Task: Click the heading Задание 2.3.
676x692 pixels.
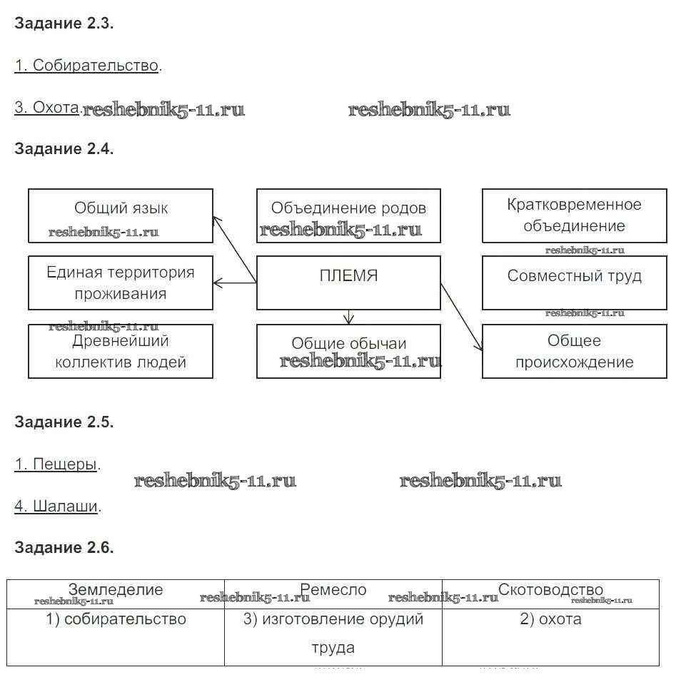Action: [x=64, y=23]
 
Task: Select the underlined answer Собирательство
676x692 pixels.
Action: [x=86, y=66]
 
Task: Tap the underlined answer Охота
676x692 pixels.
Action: [x=46, y=108]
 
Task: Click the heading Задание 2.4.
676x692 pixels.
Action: [x=64, y=149]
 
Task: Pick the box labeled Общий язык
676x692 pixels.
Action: [x=121, y=215]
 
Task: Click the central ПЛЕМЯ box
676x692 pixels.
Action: [x=348, y=283]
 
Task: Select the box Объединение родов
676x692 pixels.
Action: [x=348, y=215]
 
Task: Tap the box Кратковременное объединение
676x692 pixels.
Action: [x=574, y=215]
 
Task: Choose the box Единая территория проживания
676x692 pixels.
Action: [x=121, y=283]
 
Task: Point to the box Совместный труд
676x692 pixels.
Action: [x=574, y=283]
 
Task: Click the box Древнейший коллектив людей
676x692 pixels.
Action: [x=121, y=351]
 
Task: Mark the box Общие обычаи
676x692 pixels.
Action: [x=348, y=351]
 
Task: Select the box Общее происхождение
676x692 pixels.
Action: [x=574, y=351]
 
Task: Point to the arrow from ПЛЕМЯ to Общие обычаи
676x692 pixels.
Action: [x=348, y=317]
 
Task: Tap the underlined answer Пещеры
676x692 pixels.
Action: [x=56, y=464]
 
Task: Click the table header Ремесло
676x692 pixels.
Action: [x=333, y=590]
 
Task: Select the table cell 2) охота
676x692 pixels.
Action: [x=550, y=619]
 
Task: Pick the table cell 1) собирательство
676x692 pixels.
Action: [x=116, y=619]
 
